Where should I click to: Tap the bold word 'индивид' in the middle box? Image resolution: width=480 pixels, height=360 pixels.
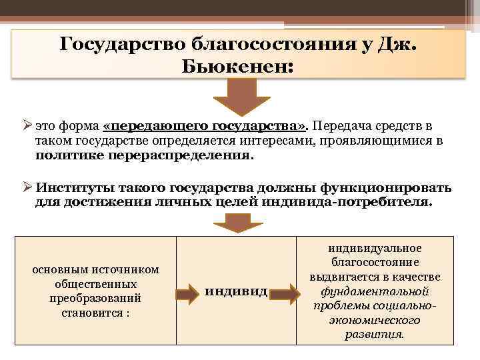click(236, 291)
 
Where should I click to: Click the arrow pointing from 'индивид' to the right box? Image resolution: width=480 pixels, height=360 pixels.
click(285, 292)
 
